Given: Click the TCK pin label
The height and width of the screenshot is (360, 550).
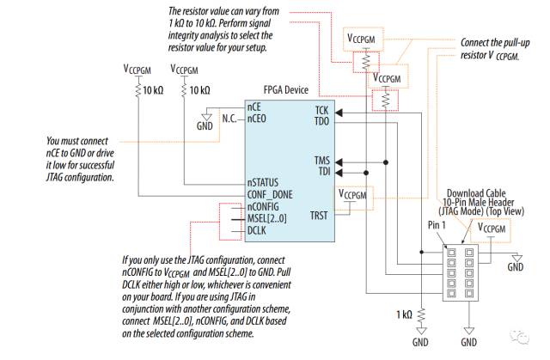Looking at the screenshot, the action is [x=321, y=110].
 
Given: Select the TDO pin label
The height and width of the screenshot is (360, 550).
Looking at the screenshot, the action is [x=321, y=121].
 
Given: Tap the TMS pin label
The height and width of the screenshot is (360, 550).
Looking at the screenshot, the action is [x=322, y=161].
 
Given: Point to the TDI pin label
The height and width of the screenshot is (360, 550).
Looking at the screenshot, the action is [x=324, y=172].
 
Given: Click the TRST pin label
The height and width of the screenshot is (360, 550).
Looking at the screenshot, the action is [x=319, y=216].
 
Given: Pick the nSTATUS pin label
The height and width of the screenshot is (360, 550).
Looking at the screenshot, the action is [x=263, y=183].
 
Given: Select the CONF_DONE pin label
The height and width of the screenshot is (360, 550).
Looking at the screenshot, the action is [x=270, y=194].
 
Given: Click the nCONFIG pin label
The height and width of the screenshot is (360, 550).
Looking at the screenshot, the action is [x=263, y=206].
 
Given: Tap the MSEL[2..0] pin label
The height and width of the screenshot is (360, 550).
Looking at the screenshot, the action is [x=267, y=218].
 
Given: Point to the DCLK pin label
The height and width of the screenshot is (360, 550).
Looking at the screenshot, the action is [x=257, y=230].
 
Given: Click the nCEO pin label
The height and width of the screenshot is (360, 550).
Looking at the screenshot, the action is [x=256, y=119].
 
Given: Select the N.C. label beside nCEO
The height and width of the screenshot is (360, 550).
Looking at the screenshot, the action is [x=229, y=119].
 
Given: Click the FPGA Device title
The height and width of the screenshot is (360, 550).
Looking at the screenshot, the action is [x=286, y=89].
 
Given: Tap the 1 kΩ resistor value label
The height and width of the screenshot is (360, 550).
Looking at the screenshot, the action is [x=404, y=314].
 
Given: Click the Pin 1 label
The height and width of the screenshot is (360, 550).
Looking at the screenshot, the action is [x=437, y=225].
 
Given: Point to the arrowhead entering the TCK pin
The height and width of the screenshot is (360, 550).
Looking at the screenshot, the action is [x=339, y=113].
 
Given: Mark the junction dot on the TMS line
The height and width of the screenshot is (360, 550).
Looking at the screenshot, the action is [x=386, y=162].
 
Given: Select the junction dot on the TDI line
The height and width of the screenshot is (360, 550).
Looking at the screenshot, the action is [x=366, y=173].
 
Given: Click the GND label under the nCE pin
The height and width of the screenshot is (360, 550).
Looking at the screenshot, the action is [x=205, y=125].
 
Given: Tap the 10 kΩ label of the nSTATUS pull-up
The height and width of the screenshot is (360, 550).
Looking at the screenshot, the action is [x=200, y=90].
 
